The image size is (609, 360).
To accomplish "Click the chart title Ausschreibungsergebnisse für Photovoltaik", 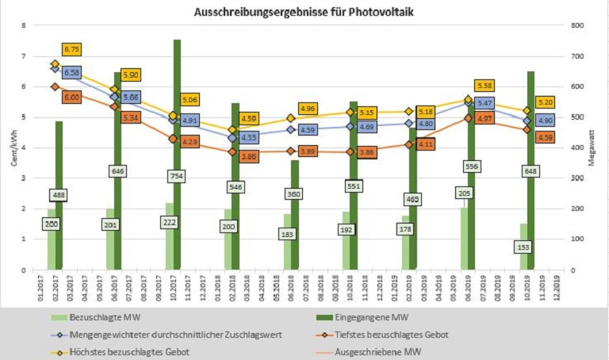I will click(304, 12).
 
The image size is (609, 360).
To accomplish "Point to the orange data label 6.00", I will click(71, 97).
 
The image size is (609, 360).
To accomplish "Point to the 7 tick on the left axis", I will click(25, 56).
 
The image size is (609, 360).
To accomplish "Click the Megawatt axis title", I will click(593, 147).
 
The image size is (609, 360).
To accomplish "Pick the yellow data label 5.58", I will click(485, 86).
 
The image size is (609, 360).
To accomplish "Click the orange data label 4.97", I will click(485, 117).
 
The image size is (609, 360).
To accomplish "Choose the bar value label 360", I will click(295, 193).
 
